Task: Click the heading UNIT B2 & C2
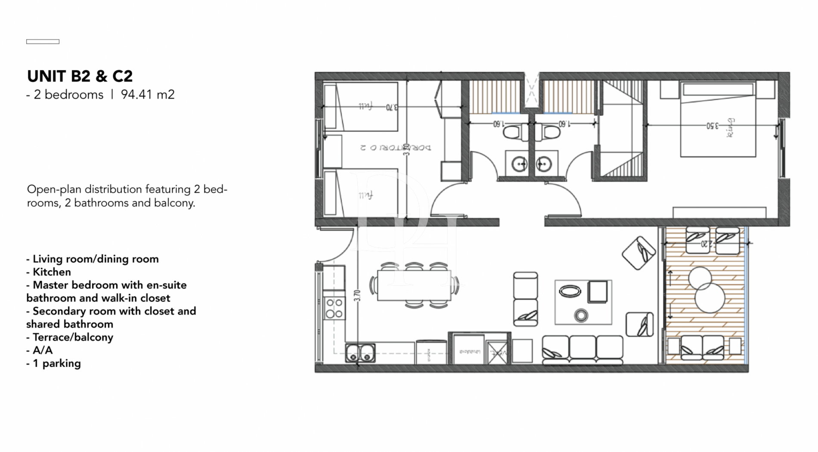[80, 76]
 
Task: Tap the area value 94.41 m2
[148, 95]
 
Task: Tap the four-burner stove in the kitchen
[334, 308]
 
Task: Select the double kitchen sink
[360, 353]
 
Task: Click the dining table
[414, 285]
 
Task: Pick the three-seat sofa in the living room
[582, 350]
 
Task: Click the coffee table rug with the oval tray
[583, 302]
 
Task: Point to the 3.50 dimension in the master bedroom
[712, 126]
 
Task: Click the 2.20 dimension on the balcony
[706, 244]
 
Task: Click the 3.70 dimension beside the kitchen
[357, 295]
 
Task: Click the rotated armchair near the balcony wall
[639, 253]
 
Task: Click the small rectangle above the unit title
[43, 42]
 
